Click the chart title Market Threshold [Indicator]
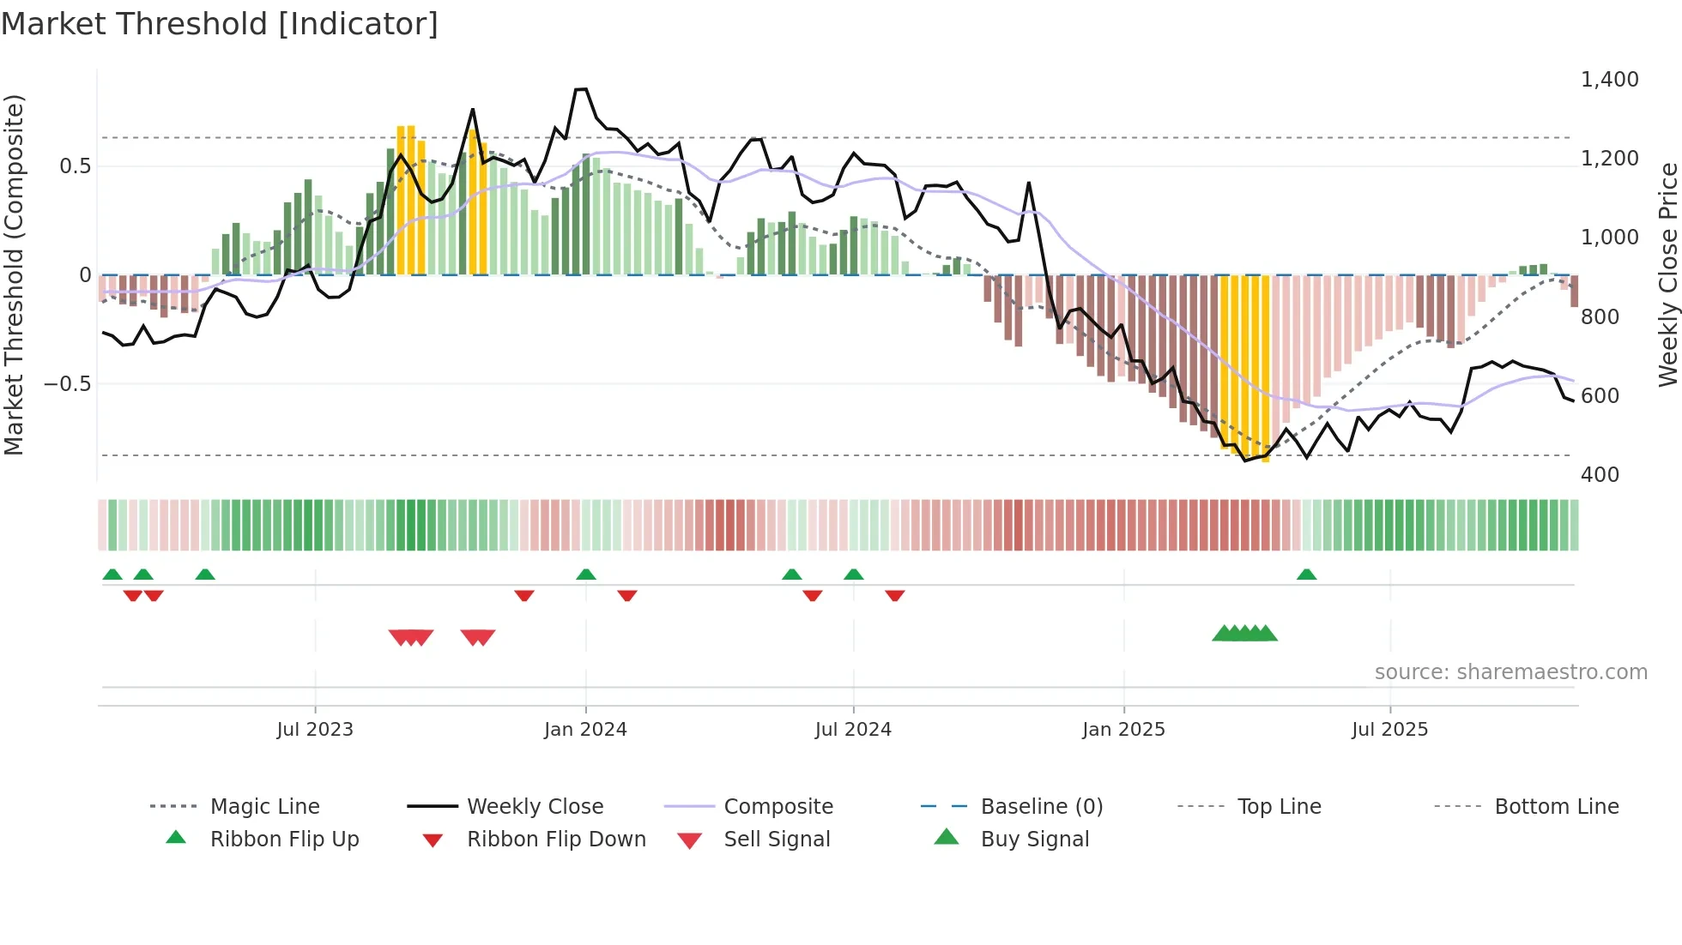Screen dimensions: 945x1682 point(220,24)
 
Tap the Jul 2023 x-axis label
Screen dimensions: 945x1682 point(315,729)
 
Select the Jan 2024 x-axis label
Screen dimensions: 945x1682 point(585,729)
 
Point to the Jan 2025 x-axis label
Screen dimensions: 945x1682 point(1123,729)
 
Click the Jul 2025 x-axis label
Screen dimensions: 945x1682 point(1389,729)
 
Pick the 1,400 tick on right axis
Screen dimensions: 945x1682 point(1609,80)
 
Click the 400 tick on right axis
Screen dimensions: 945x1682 point(1600,474)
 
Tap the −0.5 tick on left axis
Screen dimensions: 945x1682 point(67,383)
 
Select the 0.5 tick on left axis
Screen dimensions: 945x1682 point(75,166)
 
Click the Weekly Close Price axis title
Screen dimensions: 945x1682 point(1667,274)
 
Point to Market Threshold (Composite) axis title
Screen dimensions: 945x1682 point(14,274)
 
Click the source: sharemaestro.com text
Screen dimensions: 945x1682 point(1510,671)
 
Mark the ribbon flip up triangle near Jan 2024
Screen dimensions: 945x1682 point(586,575)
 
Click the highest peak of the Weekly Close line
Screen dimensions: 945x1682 point(581,89)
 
